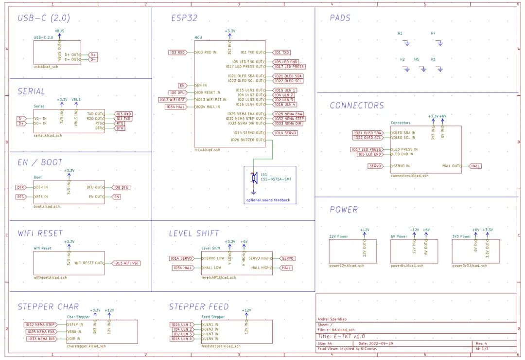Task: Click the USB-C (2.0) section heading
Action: point(44,18)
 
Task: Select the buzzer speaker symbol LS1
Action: point(254,178)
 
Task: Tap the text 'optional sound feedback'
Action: point(267,200)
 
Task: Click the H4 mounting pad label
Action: point(433,33)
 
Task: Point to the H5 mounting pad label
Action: point(417,59)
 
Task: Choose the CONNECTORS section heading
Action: point(357,106)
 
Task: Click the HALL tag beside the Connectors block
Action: point(475,166)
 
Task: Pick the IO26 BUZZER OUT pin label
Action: point(249,140)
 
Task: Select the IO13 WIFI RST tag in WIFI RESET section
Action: point(126,263)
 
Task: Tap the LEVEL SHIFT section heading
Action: point(194,234)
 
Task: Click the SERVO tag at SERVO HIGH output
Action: point(288,258)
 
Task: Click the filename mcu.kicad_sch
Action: point(207,150)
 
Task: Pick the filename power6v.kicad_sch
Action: point(407,266)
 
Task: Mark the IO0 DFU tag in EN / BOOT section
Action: point(121,187)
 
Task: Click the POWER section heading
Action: point(344,210)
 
